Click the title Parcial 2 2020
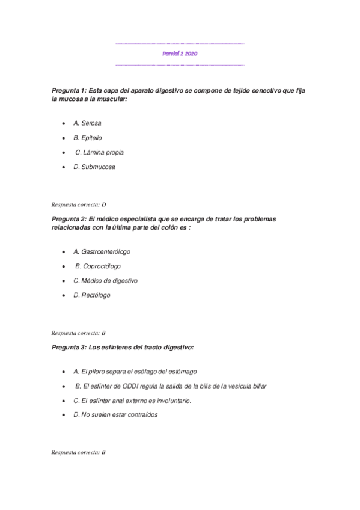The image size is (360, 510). coord(180,54)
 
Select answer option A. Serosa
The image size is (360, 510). coord(87,123)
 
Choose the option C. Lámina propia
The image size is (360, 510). coord(99,152)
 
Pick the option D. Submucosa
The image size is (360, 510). coord(94,167)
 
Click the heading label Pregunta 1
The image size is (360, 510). coord(69,90)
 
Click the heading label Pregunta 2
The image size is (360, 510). coord(69,219)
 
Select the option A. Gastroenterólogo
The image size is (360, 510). coord(102,251)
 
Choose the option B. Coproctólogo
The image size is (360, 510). coord(98,266)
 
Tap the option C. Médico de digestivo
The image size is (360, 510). coord(105,280)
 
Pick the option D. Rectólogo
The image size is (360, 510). coord(92,295)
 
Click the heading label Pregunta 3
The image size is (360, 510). coord(69,347)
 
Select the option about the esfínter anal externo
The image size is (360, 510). coord(132,401)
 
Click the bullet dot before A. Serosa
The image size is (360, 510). coord(64,123)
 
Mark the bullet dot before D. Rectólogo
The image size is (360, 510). coord(64,295)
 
